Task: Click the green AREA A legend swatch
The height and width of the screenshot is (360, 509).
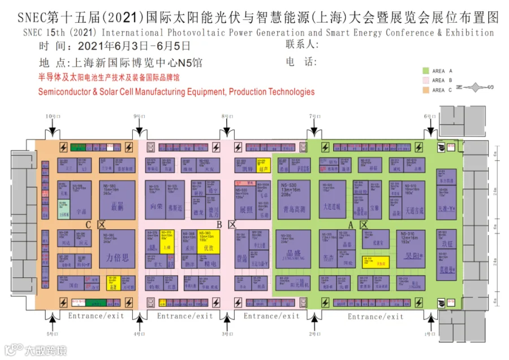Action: point(426,71)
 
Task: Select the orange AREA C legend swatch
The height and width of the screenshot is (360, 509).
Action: point(426,89)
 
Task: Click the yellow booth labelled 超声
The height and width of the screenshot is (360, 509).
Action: point(264,165)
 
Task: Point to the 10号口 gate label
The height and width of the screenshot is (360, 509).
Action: point(52,116)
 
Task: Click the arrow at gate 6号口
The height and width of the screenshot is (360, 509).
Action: point(432,130)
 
